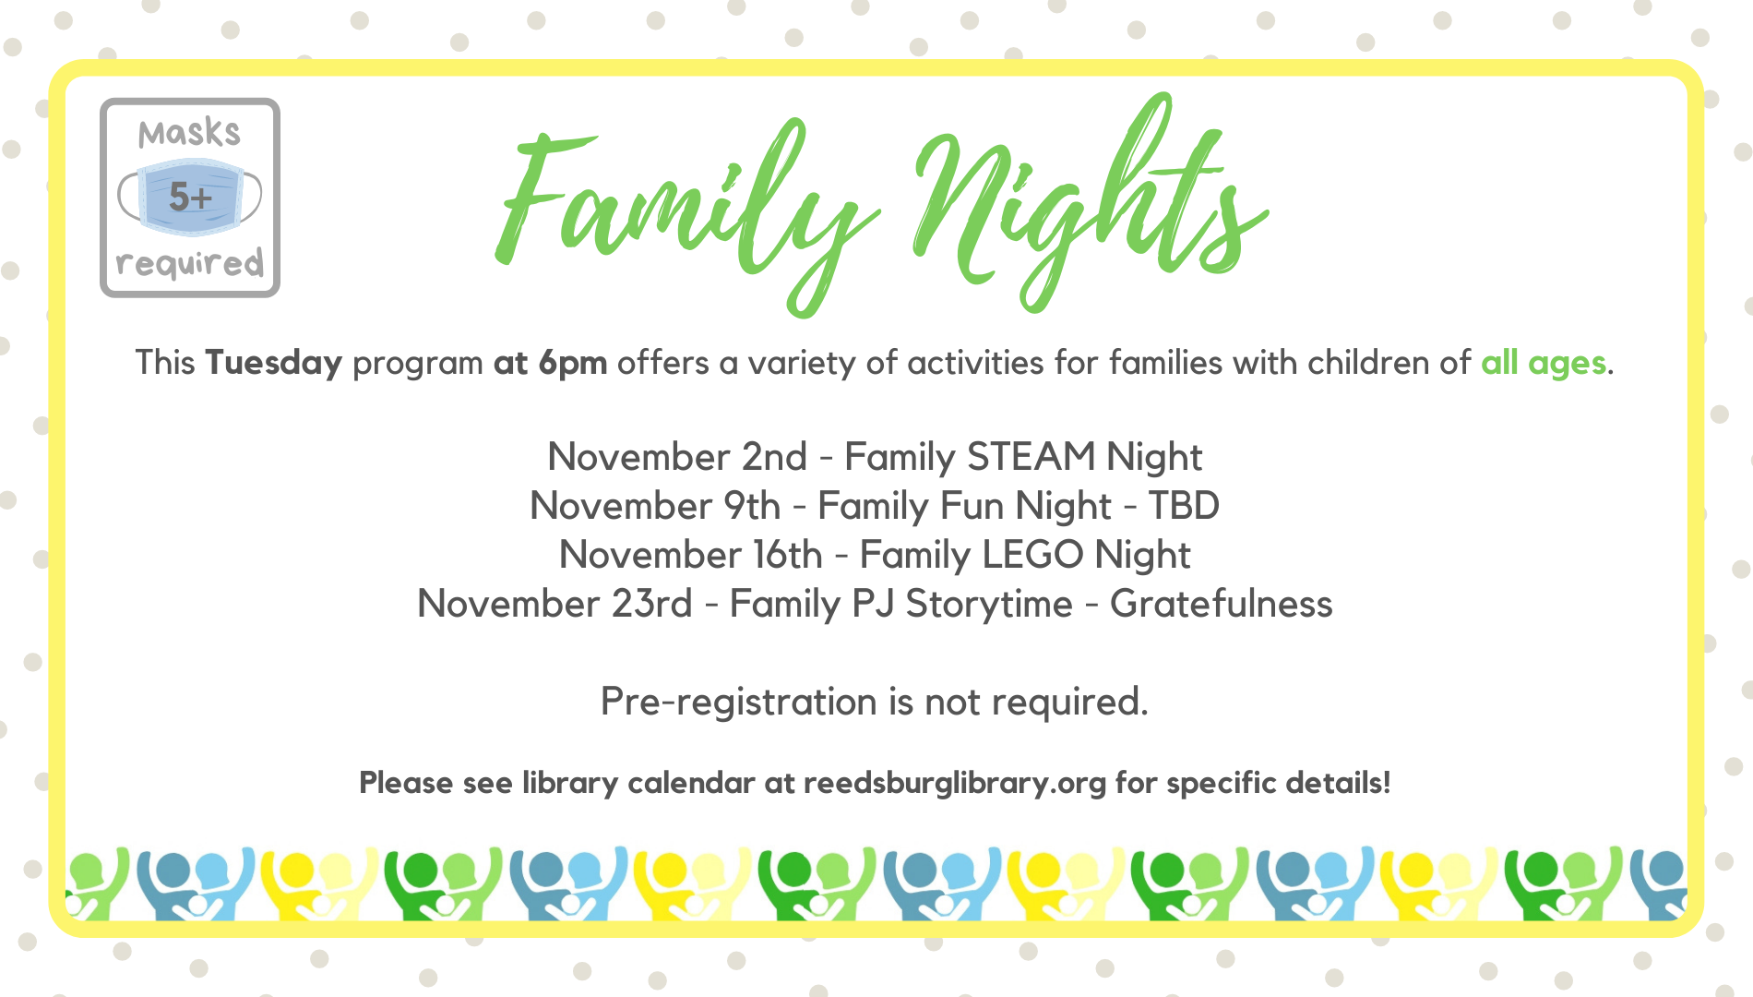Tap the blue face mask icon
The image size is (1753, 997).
click(190, 197)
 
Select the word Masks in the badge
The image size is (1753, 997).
click(189, 134)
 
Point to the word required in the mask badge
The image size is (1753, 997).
click(190, 263)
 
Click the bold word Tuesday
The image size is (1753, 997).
click(274, 363)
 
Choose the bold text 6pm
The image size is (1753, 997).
click(573, 364)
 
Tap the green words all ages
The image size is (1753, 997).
click(1544, 364)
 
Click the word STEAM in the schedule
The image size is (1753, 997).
click(1031, 457)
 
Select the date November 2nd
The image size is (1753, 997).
click(677, 457)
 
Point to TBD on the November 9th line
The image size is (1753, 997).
click(1184, 506)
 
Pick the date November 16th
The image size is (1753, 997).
click(690, 555)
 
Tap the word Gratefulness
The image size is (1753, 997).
click(1222, 604)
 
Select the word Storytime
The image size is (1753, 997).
click(989, 605)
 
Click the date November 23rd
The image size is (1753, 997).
click(555, 604)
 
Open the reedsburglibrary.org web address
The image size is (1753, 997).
click(955, 783)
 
